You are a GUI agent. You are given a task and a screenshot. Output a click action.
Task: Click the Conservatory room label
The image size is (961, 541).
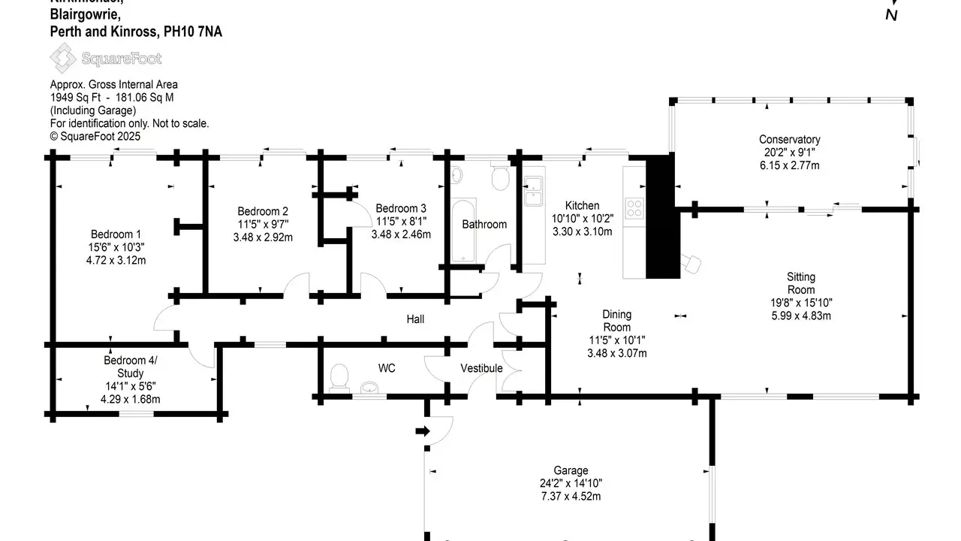tap(789, 140)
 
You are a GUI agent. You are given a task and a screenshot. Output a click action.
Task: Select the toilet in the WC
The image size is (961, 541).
tap(340, 376)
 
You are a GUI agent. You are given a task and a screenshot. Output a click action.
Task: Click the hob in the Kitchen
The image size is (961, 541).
tap(634, 207)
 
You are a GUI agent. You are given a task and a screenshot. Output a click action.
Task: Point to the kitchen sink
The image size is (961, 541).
tap(535, 190)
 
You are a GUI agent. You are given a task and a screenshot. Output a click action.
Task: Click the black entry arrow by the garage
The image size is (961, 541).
tap(423, 431)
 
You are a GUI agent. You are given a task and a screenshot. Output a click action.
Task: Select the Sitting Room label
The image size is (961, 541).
tap(801, 283)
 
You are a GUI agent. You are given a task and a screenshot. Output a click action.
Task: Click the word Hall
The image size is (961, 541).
tap(415, 319)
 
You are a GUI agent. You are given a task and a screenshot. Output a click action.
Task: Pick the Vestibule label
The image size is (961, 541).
tap(481, 368)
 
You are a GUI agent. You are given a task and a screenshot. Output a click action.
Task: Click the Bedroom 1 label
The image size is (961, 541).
tap(116, 234)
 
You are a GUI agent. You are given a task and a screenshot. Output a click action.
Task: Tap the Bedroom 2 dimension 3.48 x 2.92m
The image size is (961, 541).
tap(263, 237)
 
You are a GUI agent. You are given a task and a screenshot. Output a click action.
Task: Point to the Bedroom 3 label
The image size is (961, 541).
tap(401, 208)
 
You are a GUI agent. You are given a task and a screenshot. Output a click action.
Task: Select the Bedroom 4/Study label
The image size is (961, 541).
tap(131, 367)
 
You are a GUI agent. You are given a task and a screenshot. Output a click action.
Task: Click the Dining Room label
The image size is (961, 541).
tap(617, 321)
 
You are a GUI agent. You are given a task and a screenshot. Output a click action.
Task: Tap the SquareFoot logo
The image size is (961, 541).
tap(105, 58)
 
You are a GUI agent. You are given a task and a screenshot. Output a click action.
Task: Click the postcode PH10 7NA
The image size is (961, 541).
tap(193, 32)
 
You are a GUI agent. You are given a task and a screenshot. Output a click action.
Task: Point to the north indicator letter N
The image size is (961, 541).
tap(892, 15)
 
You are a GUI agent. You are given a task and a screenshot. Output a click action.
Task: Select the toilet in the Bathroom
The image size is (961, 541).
tap(500, 177)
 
